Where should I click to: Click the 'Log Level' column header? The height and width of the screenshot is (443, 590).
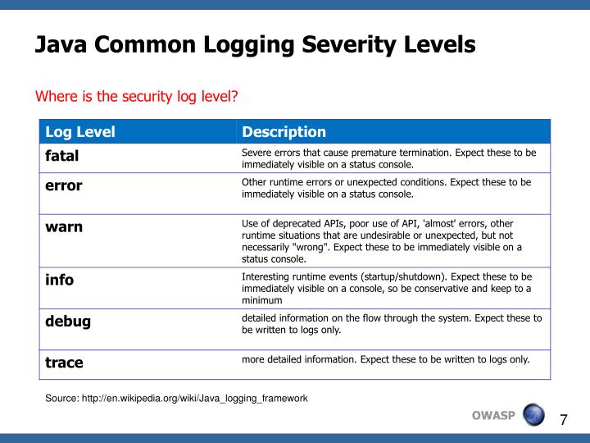point(80,132)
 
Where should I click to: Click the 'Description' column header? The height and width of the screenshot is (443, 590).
point(284,132)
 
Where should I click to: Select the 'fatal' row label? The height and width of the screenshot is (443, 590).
point(62,155)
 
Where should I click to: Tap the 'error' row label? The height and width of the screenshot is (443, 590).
point(64,185)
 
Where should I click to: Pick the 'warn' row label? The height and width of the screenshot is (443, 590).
point(64,226)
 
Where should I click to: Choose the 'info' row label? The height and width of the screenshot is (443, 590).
point(59,280)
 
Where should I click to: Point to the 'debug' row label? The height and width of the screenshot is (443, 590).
point(68,321)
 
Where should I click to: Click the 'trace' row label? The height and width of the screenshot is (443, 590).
point(64,362)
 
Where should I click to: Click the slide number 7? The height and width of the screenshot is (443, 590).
point(563,420)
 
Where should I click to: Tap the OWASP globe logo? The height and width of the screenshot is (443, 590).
point(533,414)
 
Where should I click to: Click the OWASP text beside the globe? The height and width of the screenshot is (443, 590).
point(493,415)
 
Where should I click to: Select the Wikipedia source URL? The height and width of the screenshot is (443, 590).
point(176,398)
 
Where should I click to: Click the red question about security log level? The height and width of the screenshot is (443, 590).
point(136,97)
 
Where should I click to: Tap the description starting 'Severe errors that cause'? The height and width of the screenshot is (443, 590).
point(388,158)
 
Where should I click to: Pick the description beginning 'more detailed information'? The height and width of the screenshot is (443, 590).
point(385,359)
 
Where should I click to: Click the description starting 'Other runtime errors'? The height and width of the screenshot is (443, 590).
point(386,188)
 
